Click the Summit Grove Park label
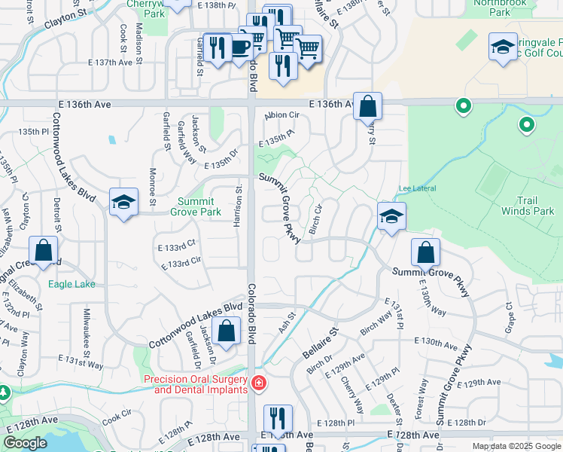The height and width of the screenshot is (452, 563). click(x=199, y=206)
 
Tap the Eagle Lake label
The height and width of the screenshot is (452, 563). click(x=72, y=284)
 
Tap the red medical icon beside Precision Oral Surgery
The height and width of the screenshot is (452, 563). click(x=259, y=383)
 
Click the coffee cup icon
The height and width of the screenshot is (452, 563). click(x=240, y=47)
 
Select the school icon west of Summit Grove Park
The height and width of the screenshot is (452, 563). click(x=124, y=202)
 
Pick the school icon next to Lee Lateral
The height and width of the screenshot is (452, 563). click(x=391, y=216)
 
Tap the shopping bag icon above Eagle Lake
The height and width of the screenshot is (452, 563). click(x=44, y=250)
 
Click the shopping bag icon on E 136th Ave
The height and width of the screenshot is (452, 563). click(x=367, y=106)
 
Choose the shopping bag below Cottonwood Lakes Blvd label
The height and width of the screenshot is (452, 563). click(x=227, y=331)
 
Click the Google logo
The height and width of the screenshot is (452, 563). click(x=25, y=443)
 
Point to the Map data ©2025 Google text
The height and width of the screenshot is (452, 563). click(x=516, y=446)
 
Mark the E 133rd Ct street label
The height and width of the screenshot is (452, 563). click(x=177, y=244)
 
